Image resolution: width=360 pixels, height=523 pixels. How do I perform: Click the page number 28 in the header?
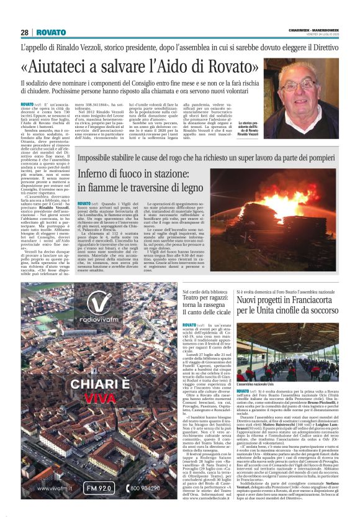[25, 32]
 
